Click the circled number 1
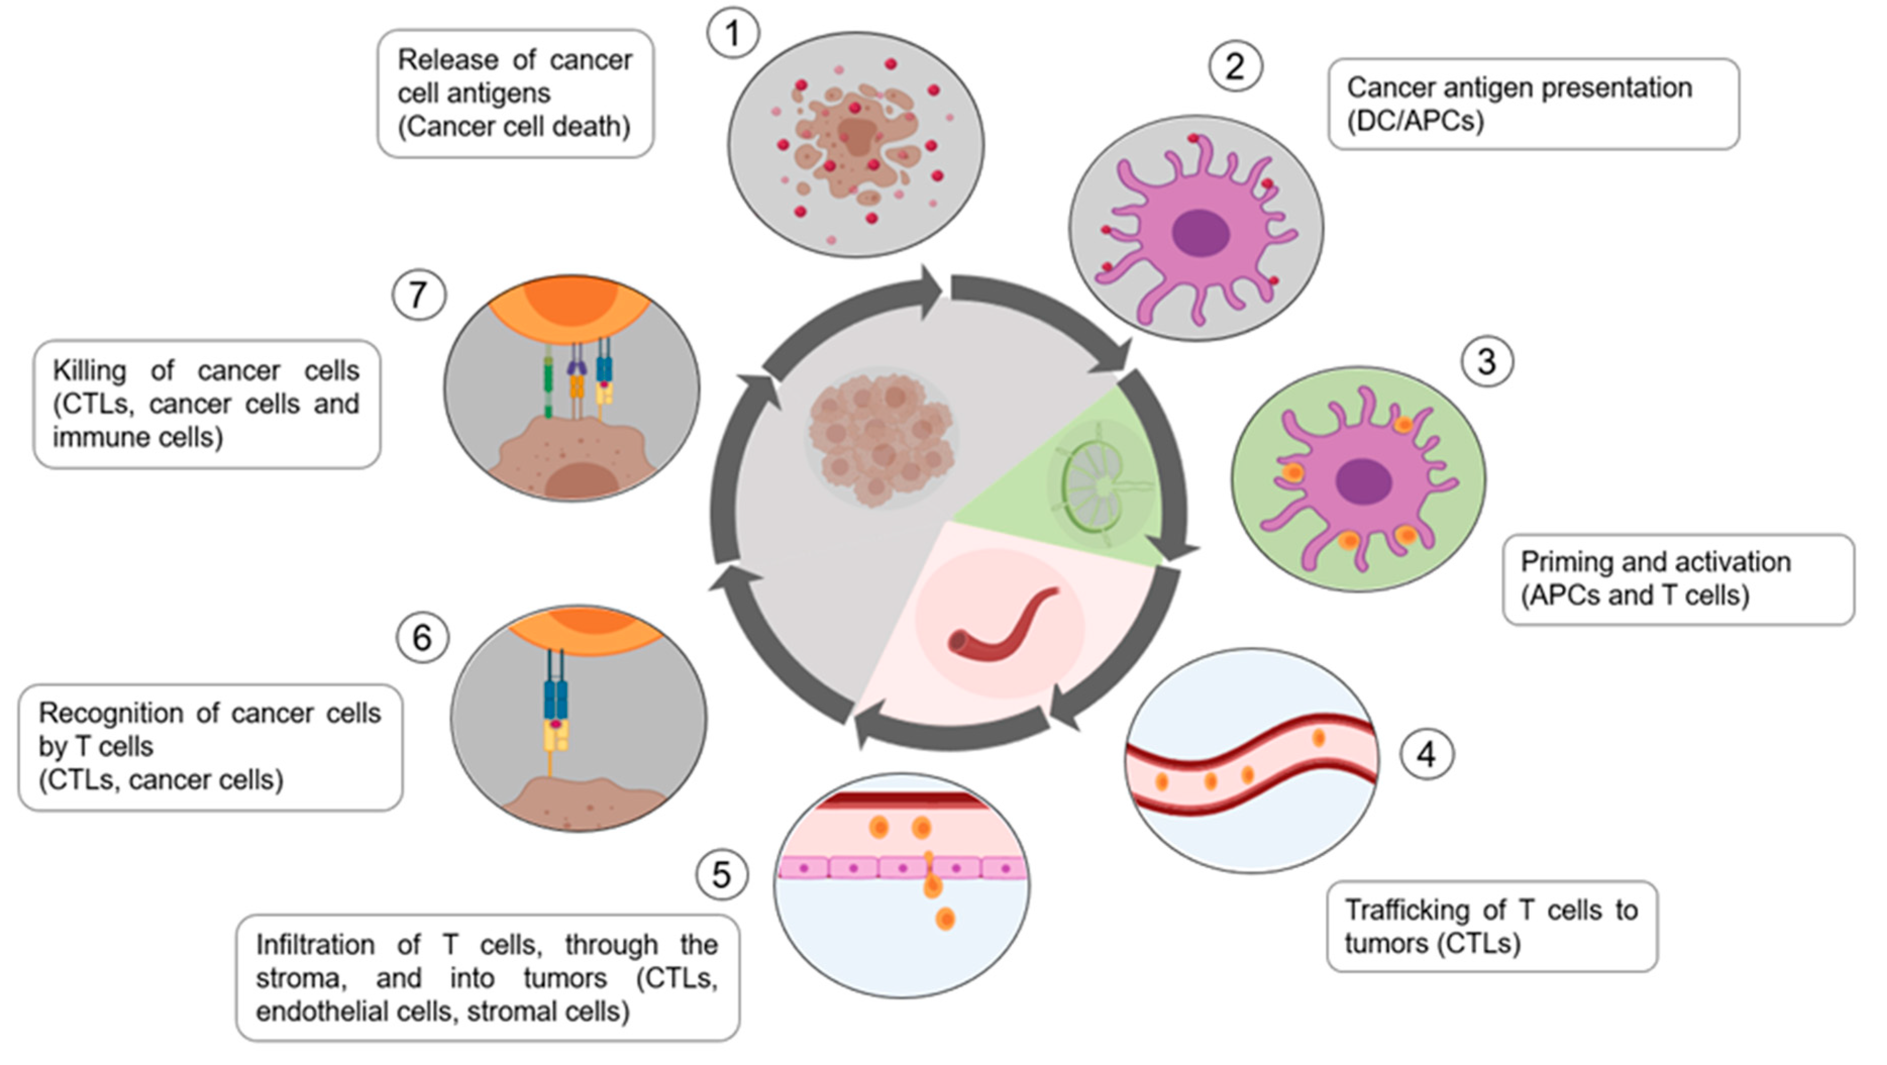[732, 33]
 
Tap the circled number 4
[1426, 754]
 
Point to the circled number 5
[722, 875]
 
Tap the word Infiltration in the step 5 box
[315, 945]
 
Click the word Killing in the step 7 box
[89, 370]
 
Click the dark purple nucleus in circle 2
[1200, 233]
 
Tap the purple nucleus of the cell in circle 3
[1363, 482]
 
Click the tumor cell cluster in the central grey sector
[881, 438]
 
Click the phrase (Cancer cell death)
[513, 127]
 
